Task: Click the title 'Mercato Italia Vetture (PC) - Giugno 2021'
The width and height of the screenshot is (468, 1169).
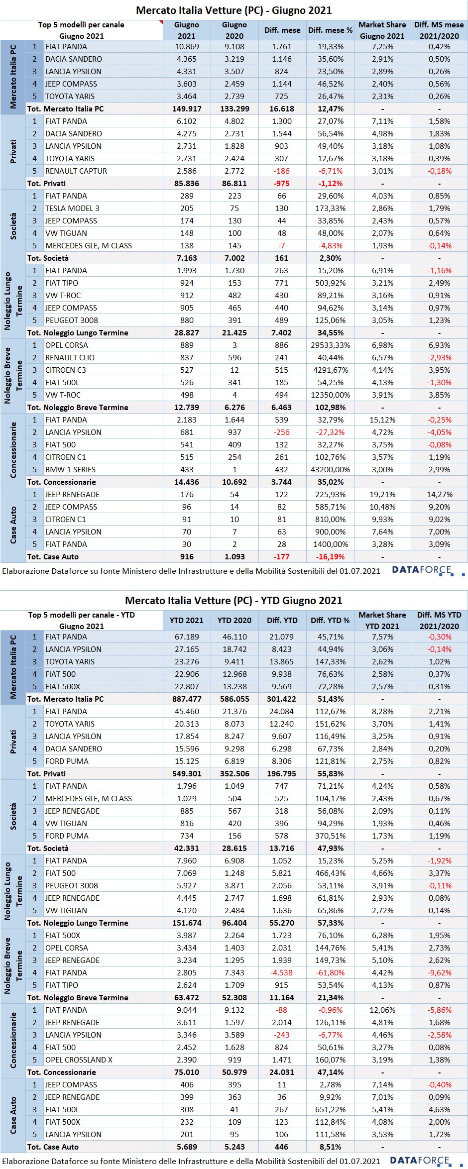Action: click(234, 10)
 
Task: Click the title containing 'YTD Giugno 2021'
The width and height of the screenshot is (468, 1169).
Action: click(234, 601)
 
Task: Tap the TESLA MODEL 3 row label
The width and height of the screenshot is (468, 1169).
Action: click(72, 209)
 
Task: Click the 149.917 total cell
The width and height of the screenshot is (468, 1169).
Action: click(187, 109)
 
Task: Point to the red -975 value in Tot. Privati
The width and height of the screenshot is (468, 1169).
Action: click(282, 184)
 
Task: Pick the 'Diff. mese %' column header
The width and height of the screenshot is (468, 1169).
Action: click(331, 30)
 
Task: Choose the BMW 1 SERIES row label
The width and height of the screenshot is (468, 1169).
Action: click(70, 470)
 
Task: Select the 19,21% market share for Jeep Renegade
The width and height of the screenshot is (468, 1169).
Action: click(382, 495)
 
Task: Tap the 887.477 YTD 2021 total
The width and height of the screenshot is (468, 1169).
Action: click(187, 699)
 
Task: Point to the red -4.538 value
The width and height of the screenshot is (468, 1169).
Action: click(282, 973)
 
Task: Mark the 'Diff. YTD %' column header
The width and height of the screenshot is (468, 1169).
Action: click(330, 621)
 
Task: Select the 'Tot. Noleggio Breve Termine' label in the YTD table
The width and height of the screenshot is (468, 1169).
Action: click(78, 998)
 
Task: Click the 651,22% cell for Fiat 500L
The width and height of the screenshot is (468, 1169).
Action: click(331, 1110)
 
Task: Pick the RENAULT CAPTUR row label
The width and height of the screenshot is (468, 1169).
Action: click(76, 171)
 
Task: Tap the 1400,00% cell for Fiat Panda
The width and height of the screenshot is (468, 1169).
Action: click(331, 544)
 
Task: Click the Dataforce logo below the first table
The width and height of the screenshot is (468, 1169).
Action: click(428, 570)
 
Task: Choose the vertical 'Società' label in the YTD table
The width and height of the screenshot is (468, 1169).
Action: click(13, 817)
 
